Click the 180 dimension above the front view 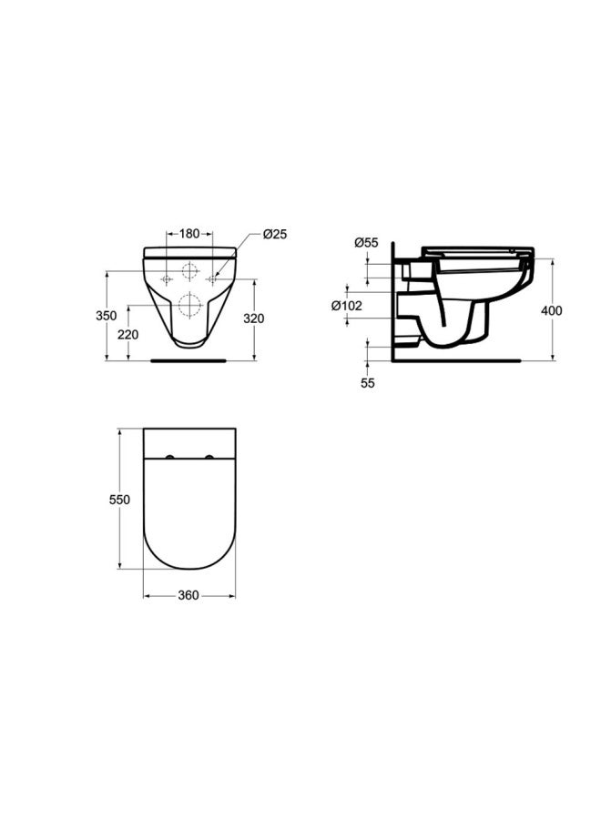[x=189, y=234]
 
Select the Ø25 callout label [x=274, y=234]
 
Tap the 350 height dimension [x=107, y=316]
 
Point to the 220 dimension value [x=128, y=334]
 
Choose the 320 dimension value [x=253, y=318]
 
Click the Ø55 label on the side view [x=366, y=242]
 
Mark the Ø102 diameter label [x=347, y=306]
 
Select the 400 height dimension [x=552, y=310]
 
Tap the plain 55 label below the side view [x=367, y=383]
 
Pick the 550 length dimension [x=119, y=500]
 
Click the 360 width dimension [x=188, y=595]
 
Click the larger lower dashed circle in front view [x=189, y=305]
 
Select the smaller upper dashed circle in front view [x=189, y=271]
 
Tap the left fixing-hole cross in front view [x=167, y=279]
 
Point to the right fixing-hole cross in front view [x=212, y=279]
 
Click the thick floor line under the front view [x=188, y=360]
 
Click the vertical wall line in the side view [x=392, y=300]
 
